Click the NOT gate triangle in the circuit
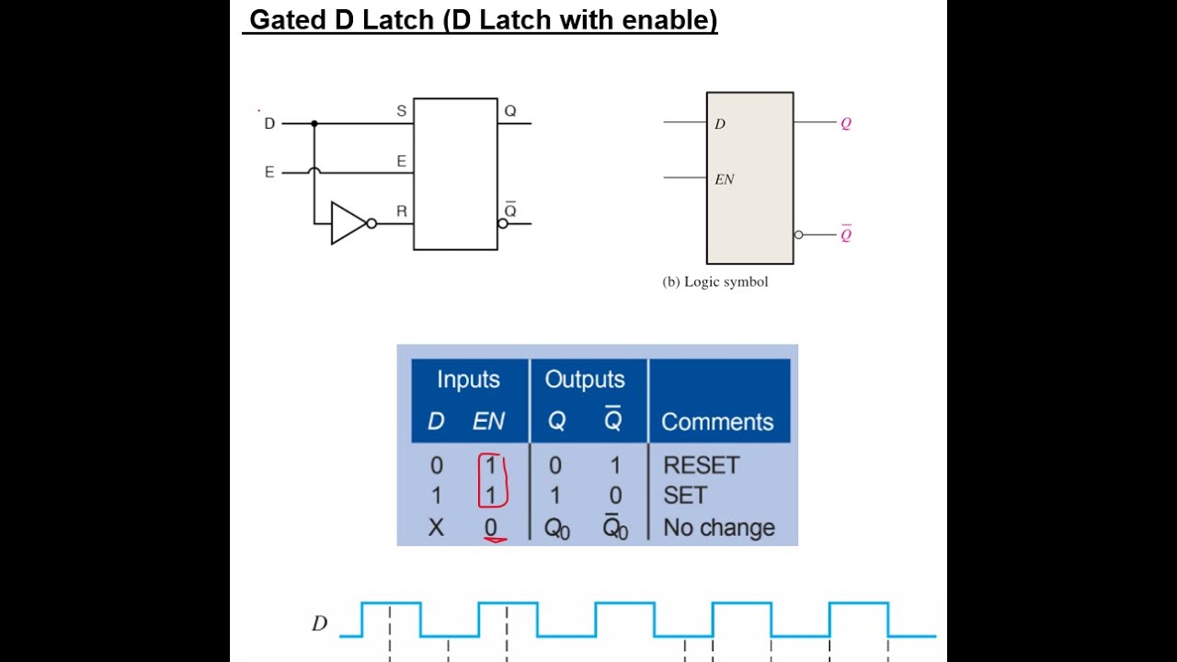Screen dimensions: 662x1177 [347, 223]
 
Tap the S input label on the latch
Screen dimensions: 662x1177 [401, 111]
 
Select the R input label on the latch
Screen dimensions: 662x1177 [401, 211]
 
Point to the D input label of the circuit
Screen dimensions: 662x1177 [269, 123]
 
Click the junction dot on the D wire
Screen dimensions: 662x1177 [314, 123]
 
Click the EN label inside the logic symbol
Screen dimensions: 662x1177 [725, 180]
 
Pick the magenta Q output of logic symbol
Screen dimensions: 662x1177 [846, 123]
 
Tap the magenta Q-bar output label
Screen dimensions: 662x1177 [846, 234]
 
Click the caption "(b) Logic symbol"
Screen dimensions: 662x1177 [714, 282]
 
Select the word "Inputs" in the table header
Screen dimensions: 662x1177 [468, 380]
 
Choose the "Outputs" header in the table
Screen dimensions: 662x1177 [585, 380]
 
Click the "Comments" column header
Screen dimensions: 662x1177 [717, 422]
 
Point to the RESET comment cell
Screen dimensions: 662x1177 [701, 465]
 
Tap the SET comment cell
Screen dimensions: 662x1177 [685, 496]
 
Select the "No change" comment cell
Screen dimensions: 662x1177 [719, 528]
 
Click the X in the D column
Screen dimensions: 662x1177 [436, 528]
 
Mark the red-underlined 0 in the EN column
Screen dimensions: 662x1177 [491, 528]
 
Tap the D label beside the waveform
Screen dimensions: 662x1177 [319, 623]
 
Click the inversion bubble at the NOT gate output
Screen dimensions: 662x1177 [371, 223]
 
